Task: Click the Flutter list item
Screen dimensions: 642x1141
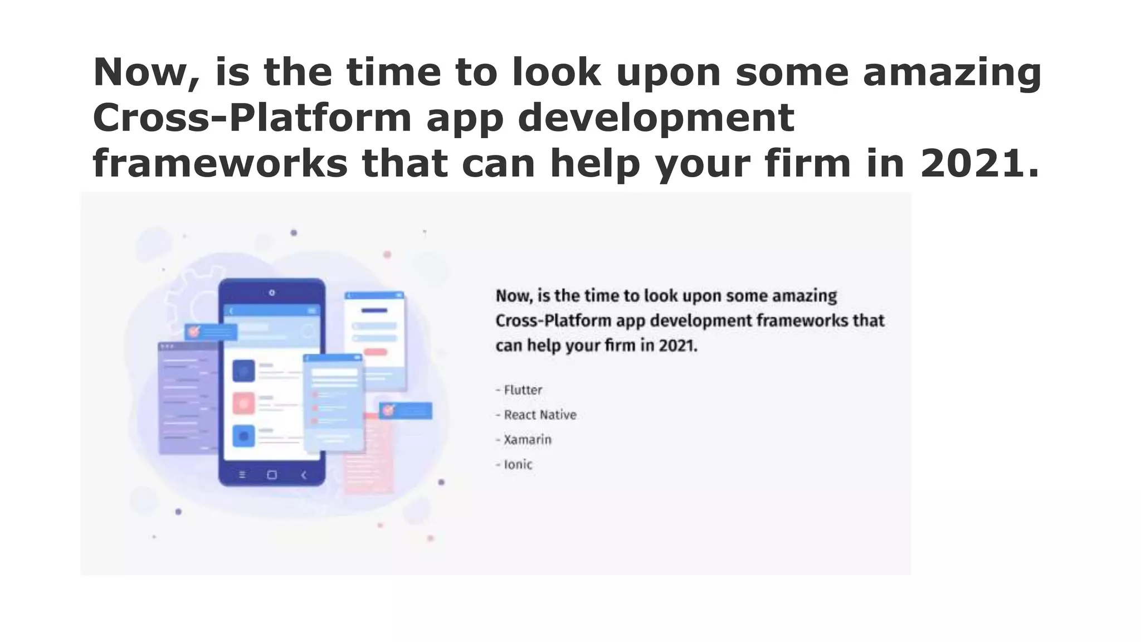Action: [x=523, y=390]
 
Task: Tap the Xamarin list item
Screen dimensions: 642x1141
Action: [x=527, y=440]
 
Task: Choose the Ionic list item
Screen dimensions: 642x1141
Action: [x=518, y=465]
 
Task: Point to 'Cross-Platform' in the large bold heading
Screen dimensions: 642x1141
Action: [x=252, y=118]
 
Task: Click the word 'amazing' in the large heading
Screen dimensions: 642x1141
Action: [x=952, y=72]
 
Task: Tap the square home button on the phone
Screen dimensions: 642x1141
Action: [x=272, y=475]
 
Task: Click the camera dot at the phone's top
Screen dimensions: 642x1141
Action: [x=272, y=293]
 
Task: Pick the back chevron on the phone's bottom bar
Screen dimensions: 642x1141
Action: [x=304, y=475]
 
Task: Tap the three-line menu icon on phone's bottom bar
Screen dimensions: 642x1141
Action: [x=242, y=475]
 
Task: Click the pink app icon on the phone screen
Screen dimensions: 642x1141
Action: [x=243, y=403]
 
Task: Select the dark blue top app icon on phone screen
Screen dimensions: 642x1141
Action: [x=243, y=371]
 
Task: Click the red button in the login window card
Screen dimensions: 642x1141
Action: [x=376, y=352]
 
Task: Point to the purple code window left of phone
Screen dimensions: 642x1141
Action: [x=187, y=398]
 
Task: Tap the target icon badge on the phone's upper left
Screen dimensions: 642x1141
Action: [x=194, y=332]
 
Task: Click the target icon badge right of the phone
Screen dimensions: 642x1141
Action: [x=389, y=411]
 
